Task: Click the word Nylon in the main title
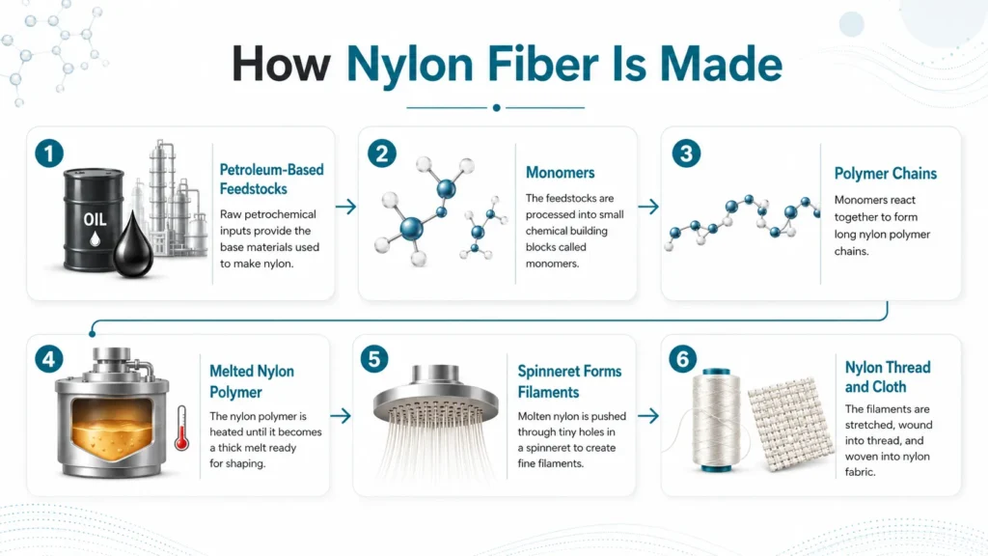coord(410,66)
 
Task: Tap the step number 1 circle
coord(49,153)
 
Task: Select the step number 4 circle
coord(48,359)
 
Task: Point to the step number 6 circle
coord(682,359)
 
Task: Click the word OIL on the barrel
coord(96,219)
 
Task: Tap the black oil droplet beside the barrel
coord(133,245)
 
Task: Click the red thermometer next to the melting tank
coord(181,428)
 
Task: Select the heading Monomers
coord(560,173)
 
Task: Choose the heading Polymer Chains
coord(886,174)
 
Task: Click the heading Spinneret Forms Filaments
coord(569,381)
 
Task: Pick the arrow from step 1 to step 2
coord(346,207)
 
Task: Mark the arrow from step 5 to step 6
coord(648,415)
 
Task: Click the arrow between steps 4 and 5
coord(341,415)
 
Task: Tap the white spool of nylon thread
coord(717,420)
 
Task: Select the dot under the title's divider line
coord(497,108)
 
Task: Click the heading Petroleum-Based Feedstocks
coord(271,179)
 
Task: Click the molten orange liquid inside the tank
coord(112,430)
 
